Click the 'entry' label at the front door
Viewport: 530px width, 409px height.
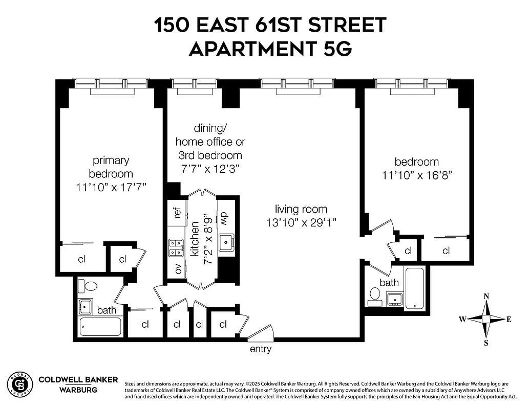point(260,350)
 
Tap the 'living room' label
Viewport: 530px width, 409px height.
point(301,209)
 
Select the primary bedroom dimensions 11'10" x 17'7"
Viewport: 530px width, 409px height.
point(111,187)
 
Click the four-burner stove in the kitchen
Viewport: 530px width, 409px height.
point(176,248)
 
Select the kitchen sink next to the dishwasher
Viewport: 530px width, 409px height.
point(226,243)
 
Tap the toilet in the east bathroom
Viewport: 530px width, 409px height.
point(375,294)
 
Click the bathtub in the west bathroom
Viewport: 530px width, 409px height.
point(101,327)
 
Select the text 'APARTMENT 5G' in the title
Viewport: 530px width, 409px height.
point(270,49)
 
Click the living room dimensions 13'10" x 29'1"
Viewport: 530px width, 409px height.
point(301,223)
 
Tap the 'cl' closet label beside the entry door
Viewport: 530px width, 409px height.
point(223,324)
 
